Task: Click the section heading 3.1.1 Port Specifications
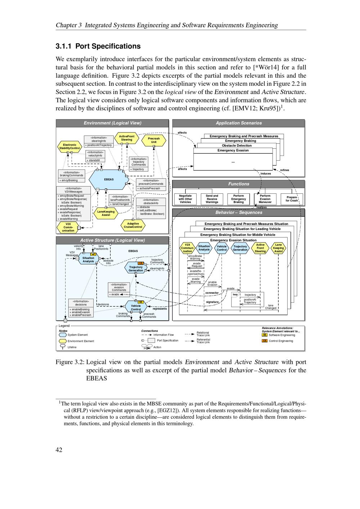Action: click(x=98, y=46)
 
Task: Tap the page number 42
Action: click(x=59, y=450)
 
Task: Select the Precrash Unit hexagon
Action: click(x=154, y=140)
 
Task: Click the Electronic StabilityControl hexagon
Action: click(x=69, y=147)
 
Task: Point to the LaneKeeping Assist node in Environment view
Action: click(x=106, y=213)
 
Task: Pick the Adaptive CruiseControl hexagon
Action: click(x=133, y=225)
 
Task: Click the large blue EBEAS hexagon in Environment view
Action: click(x=109, y=179)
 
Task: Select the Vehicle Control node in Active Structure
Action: click(x=136, y=307)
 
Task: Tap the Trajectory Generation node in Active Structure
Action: click(x=136, y=269)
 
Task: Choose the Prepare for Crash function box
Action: click(x=292, y=199)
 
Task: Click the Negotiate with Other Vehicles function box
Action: click(x=185, y=199)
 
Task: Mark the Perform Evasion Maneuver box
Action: click(x=265, y=199)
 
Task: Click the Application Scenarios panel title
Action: click(x=239, y=123)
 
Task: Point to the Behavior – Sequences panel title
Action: click(x=239, y=212)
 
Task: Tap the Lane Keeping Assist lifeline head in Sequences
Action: click(x=278, y=248)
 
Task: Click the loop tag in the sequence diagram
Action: click(x=235, y=294)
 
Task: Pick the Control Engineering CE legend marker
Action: click(x=265, y=341)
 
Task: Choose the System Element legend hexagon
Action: click(x=63, y=335)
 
